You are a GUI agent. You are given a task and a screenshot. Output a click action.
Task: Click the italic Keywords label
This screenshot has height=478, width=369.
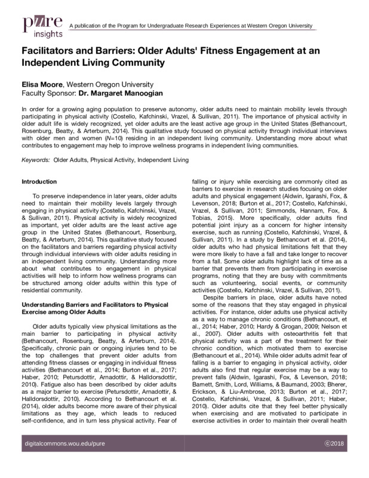pyautogui.click(x=35, y=160)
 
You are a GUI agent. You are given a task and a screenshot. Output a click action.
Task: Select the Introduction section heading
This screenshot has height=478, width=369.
pyautogui.click(x=40, y=181)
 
